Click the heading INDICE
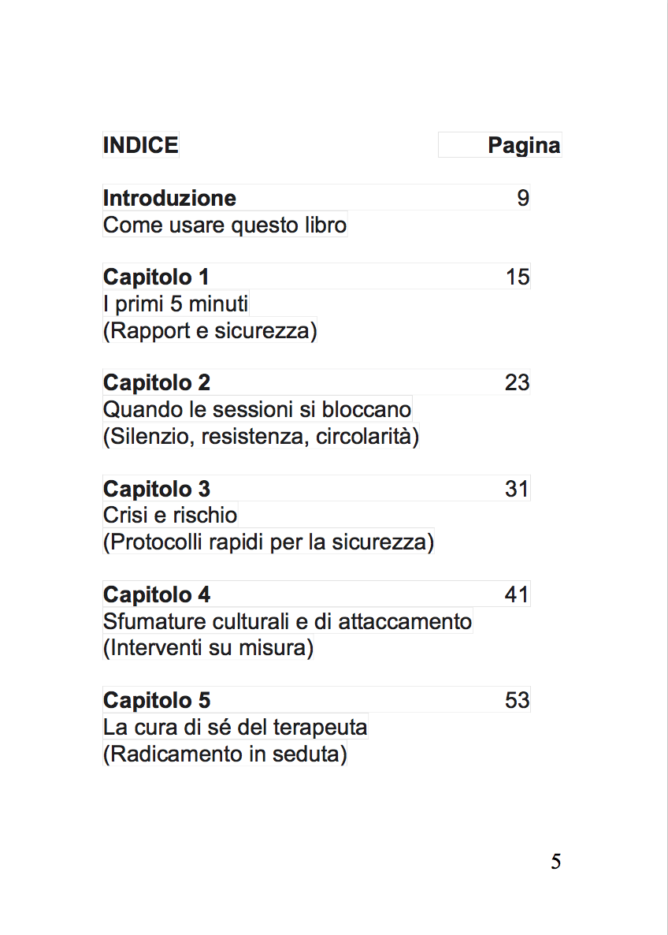pos(140,146)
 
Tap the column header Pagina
pos(524,146)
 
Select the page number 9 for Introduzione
pos(523,198)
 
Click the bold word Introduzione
pos(169,198)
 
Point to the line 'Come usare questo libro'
pos(225,225)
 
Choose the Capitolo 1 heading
pos(156,278)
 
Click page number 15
pos(518,278)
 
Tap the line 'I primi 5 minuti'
pos(176,304)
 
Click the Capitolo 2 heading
pos(157,383)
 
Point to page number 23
pos(518,383)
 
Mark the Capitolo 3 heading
pos(157,489)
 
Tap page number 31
pos(518,489)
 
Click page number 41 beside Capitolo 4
pos(518,594)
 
